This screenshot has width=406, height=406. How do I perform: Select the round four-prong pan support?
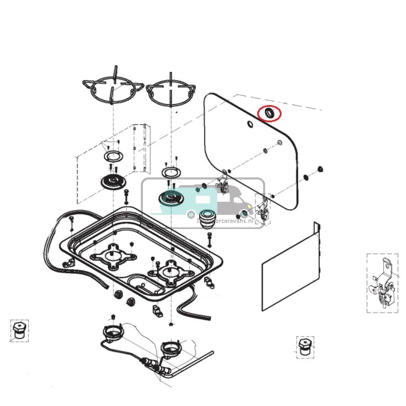click(x=171, y=93)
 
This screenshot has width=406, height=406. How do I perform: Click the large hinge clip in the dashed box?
click(x=381, y=284)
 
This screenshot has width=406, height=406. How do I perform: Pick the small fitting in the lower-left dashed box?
click(x=19, y=331)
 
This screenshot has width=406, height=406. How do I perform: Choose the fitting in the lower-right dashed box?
click(x=305, y=347)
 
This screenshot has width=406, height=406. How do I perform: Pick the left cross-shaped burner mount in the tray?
click(x=112, y=256)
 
